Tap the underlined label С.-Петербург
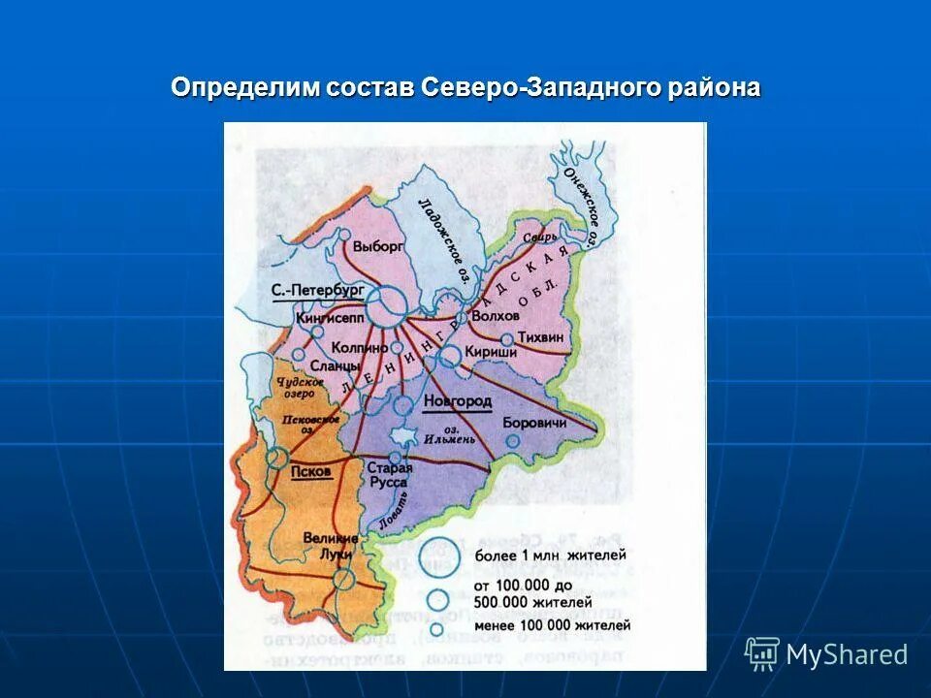317,290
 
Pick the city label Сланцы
336,365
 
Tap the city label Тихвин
541,336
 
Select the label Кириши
491,352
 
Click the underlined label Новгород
458,401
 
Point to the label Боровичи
533,423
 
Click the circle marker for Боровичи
513,440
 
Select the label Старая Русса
390,475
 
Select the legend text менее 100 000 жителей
552,624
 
